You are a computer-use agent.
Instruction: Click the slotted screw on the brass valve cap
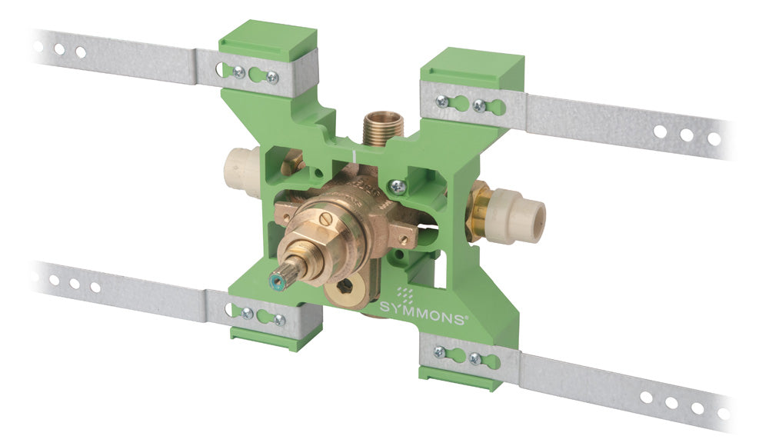point(327,220)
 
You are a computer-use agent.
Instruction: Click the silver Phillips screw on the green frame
point(398,186)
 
